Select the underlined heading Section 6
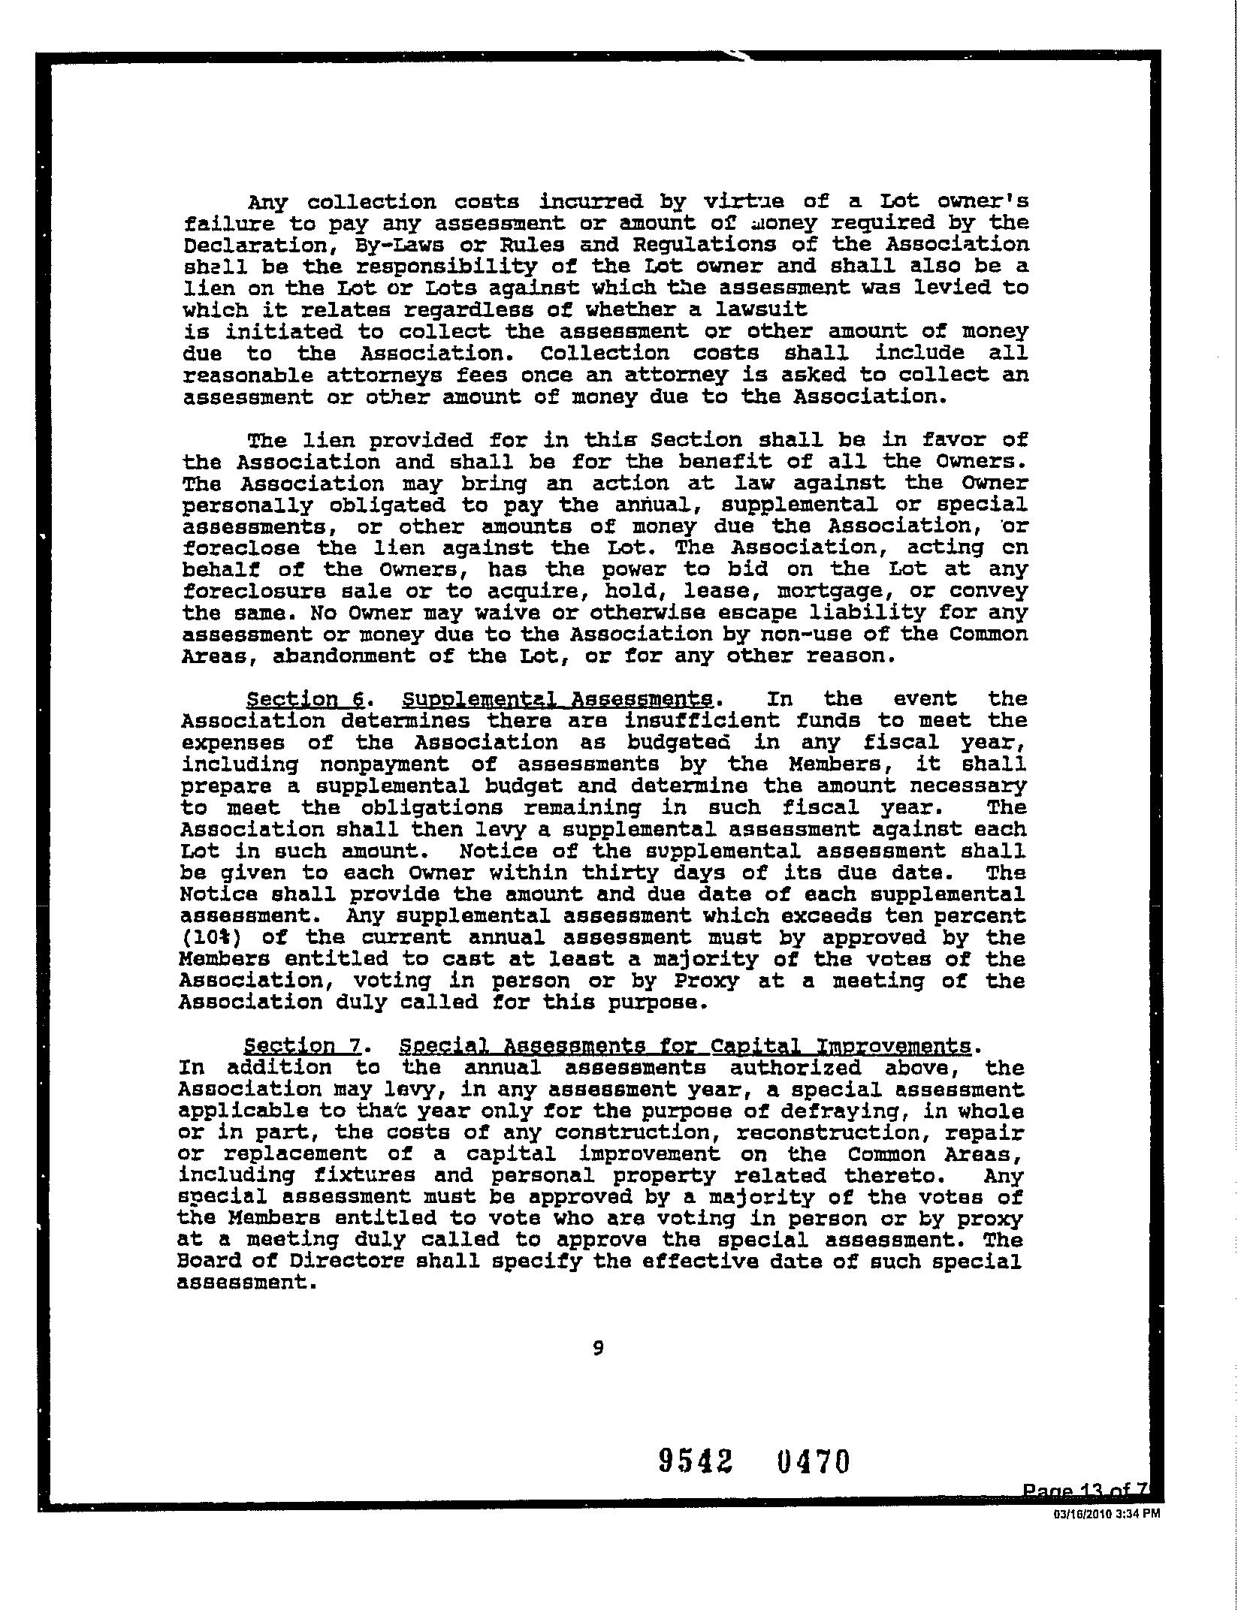306,699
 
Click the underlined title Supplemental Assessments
558,699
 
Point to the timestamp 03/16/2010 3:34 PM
1107,1514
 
